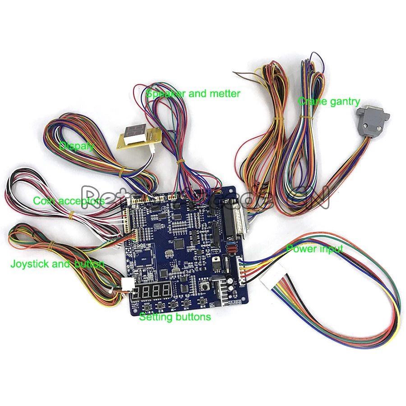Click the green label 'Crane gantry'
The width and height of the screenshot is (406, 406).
point(328,102)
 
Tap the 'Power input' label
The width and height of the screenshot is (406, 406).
point(314,249)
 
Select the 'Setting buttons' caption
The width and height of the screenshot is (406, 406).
point(175,317)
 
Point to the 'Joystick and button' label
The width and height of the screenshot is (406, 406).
point(57,264)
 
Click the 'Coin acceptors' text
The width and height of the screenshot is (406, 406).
point(69,201)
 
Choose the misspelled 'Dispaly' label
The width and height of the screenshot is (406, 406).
point(77,146)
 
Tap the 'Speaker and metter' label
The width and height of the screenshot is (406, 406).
point(193,94)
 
